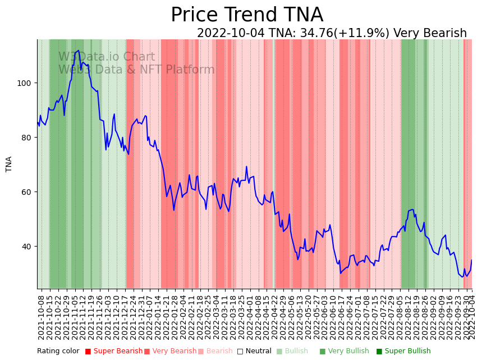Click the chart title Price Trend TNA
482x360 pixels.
(x=247, y=15)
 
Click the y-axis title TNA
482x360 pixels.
(x=9, y=164)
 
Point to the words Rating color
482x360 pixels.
(x=58, y=352)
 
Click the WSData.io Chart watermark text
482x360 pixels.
(x=107, y=57)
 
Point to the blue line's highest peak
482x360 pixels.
(x=79, y=51)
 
